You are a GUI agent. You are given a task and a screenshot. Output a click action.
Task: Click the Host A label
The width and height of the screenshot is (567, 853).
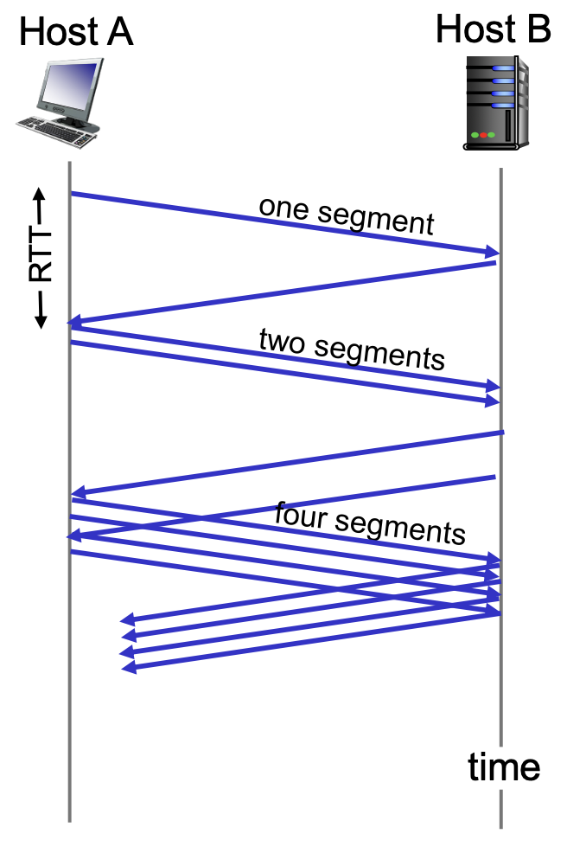pos(76,31)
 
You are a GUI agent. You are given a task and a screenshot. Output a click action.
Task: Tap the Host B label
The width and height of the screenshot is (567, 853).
pos(494,29)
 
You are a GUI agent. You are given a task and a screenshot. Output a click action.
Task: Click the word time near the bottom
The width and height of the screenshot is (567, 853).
pos(504,766)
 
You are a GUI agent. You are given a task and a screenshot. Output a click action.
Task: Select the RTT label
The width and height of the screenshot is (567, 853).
pos(40,256)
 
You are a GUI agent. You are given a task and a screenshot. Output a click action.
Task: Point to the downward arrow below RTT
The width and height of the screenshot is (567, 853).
pos(40,311)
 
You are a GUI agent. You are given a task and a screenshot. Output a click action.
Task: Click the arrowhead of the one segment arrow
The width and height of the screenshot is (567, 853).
pos(494,252)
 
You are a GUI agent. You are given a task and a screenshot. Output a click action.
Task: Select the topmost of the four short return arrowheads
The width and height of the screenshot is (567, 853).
pos(128,619)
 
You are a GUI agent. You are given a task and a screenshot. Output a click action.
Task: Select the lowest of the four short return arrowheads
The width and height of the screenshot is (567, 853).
pos(129,667)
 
